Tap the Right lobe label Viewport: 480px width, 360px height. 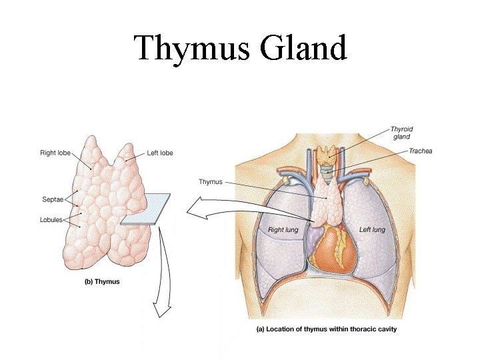[x=55, y=153]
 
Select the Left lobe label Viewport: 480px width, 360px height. [x=159, y=153]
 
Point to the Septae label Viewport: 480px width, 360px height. [x=52, y=199]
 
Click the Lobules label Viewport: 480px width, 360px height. [x=51, y=219]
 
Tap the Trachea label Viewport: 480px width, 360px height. [x=420, y=151]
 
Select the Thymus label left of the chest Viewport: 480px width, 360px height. [x=211, y=181]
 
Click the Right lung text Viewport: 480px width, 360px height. [x=283, y=230]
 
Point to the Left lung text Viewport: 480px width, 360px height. [x=372, y=230]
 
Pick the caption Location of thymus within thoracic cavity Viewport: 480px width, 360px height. [x=327, y=329]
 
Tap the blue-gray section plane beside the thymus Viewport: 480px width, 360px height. [x=145, y=209]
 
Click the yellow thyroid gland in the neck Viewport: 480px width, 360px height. [x=327, y=154]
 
